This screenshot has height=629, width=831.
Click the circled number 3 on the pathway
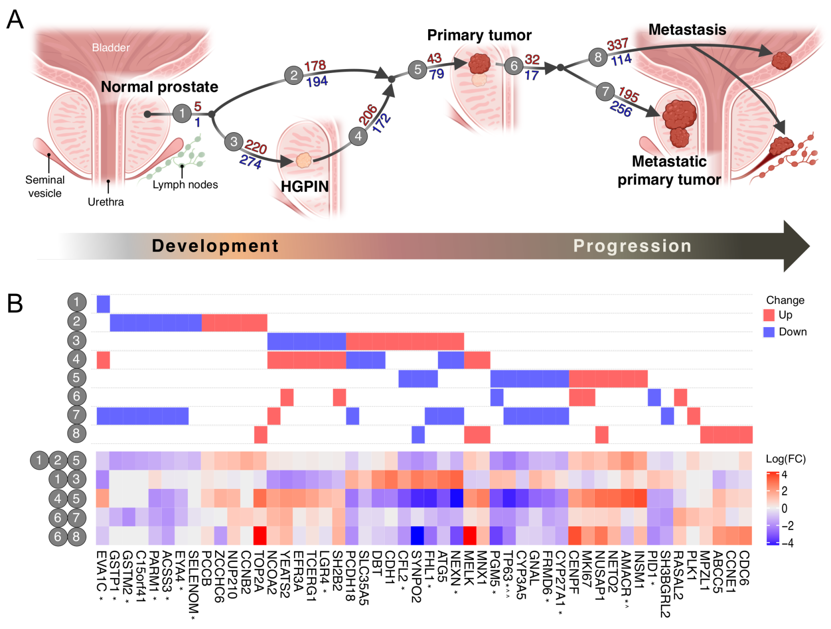pyautogui.click(x=234, y=142)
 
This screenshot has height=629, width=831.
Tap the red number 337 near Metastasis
pyautogui.click(x=617, y=45)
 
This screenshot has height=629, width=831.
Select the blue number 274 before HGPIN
pyautogui.click(x=250, y=161)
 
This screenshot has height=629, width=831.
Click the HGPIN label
pyautogui.click(x=304, y=186)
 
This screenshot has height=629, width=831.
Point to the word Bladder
pyautogui.click(x=110, y=48)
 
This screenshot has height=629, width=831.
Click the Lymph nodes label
pyautogui.click(x=185, y=185)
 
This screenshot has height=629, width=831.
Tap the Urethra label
pyautogui.click(x=106, y=202)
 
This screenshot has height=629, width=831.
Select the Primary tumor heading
pyautogui.click(x=479, y=35)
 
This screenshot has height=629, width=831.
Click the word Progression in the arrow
pyautogui.click(x=632, y=246)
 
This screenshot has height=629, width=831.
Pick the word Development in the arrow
pyautogui.click(x=215, y=246)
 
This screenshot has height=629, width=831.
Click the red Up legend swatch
pyautogui.click(x=769, y=315)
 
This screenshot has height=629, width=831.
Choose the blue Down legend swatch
pyautogui.click(x=769, y=332)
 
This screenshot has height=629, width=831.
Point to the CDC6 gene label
pyautogui.click(x=745, y=568)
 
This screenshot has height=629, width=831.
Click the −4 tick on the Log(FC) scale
pyautogui.click(x=787, y=543)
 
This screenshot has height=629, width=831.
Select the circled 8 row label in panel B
pyautogui.click(x=76, y=434)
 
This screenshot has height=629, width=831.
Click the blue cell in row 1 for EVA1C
pyautogui.click(x=103, y=304)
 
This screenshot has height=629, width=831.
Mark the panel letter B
pyautogui.click(x=15, y=303)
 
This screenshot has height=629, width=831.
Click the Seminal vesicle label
pyautogui.click(x=45, y=186)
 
